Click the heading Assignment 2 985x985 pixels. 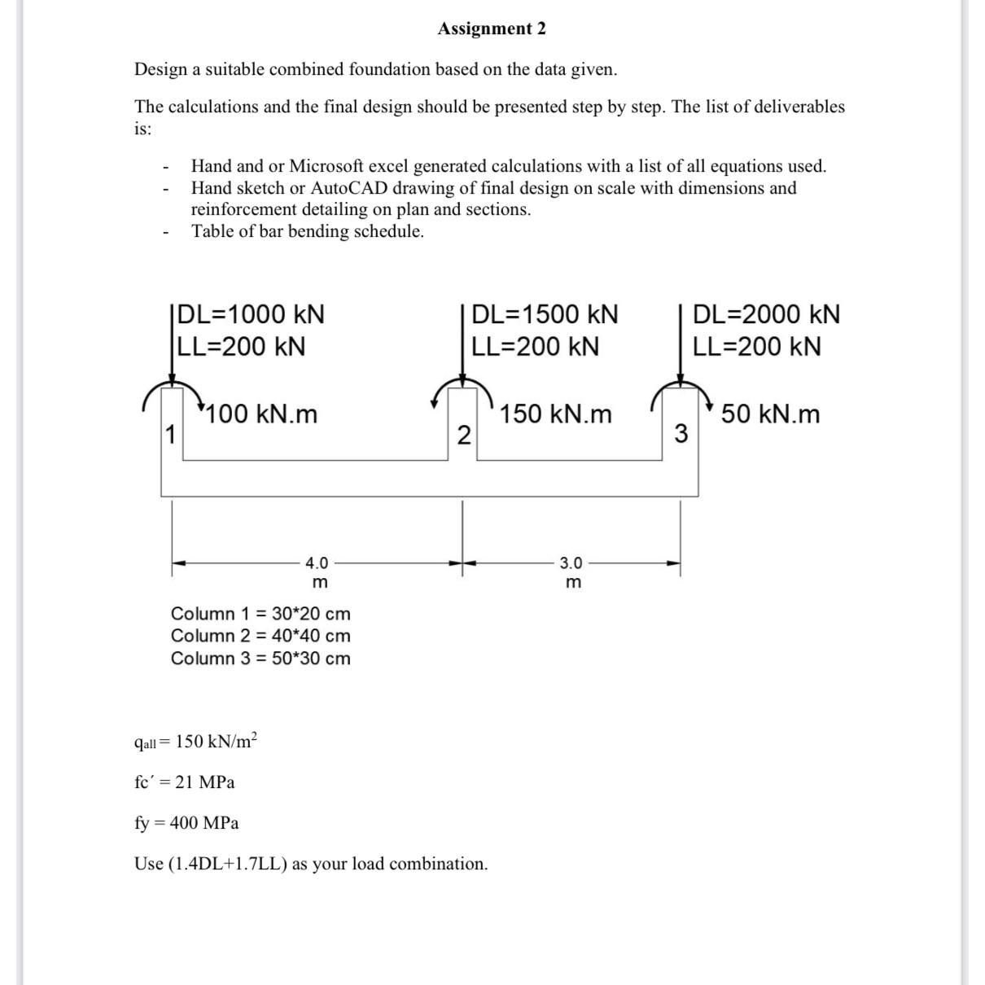[x=492, y=28]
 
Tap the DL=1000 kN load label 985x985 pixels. [x=251, y=314]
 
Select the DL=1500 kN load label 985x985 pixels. [x=545, y=314]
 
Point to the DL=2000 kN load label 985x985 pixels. [x=766, y=314]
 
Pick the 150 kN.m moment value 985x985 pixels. [x=555, y=414]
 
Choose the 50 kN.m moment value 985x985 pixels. [x=770, y=414]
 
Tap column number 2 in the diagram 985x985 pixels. [x=463, y=436]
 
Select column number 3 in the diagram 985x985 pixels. [x=681, y=434]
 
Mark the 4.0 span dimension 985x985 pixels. [x=317, y=563]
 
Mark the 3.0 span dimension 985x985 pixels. [x=571, y=563]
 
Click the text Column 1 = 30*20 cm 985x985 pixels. [x=260, y=613]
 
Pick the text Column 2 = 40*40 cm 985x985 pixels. [x=260, y=636]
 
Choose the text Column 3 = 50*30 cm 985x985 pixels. [x=260, y=659]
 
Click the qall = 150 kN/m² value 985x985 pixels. [x=195, y=741]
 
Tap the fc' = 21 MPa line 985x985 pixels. [x=185, y=782]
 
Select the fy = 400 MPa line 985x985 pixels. [x=186, y=823]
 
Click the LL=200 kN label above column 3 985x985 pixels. [x=757, y=347]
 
